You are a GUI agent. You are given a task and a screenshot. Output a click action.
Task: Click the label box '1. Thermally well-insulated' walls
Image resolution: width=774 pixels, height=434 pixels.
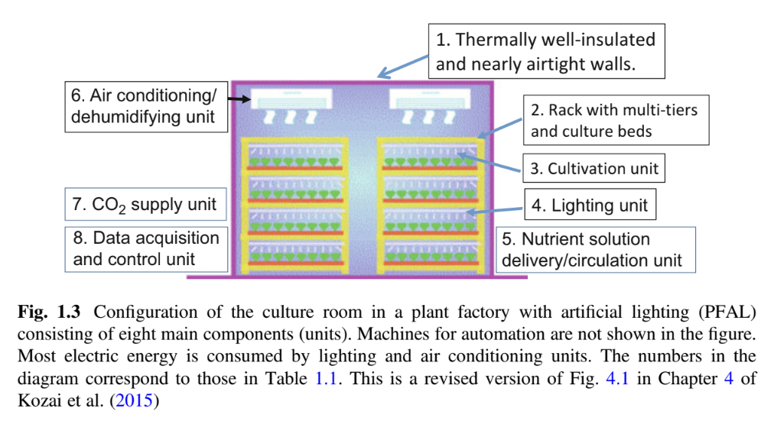[545, 51]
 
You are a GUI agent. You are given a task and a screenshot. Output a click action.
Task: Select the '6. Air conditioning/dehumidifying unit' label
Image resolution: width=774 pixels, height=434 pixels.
[145, 107]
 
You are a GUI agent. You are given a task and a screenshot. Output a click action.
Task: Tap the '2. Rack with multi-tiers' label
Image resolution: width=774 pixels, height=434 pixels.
[615, 121]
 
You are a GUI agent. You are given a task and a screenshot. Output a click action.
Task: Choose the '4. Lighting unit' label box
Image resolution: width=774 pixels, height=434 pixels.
[590, 206]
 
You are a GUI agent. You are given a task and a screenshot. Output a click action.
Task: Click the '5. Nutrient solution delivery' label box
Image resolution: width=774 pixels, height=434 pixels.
[595, 249]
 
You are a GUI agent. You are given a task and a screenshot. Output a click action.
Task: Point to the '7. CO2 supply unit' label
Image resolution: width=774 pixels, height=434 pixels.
[145, 205]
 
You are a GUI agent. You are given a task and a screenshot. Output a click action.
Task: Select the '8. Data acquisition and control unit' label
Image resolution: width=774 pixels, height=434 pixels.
[145, 248]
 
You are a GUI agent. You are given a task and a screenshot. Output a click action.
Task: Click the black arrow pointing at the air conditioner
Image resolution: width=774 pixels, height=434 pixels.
[239, 99]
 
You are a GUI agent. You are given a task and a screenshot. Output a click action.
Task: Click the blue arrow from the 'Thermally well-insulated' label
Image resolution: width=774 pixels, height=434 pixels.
[404, 66]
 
